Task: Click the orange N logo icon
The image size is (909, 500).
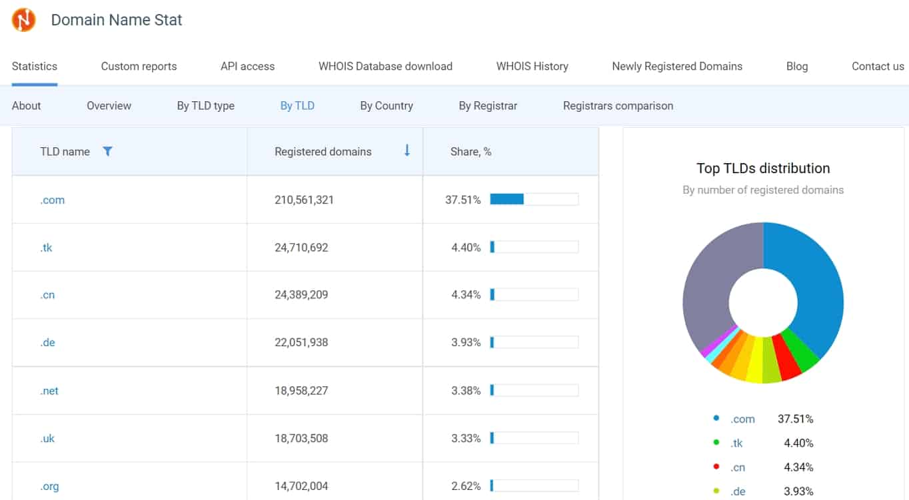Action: [23, 19]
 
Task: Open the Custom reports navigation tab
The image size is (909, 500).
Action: [139, 66]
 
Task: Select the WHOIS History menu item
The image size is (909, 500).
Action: [532, 66]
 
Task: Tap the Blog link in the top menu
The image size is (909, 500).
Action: [797, 66]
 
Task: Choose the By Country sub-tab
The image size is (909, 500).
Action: [387, 106]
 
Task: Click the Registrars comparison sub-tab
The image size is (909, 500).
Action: [618, 106]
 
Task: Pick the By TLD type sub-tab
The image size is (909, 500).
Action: [205, 106]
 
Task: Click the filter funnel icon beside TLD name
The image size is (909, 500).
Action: [107, 151]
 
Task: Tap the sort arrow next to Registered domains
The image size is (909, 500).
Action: [407, 150]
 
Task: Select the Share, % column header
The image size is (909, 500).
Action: [470, 152]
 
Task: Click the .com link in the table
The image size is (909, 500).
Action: [53, 200]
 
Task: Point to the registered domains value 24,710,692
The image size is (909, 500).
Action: [301, 248]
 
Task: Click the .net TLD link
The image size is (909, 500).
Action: [49, 391]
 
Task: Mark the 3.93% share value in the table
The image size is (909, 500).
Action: [466, 342]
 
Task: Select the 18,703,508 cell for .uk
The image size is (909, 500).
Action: [301, 438]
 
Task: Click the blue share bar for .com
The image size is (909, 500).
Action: [507, 199]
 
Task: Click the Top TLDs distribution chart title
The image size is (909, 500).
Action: [763, 168]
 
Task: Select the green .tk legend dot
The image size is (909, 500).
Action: [716, 442]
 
